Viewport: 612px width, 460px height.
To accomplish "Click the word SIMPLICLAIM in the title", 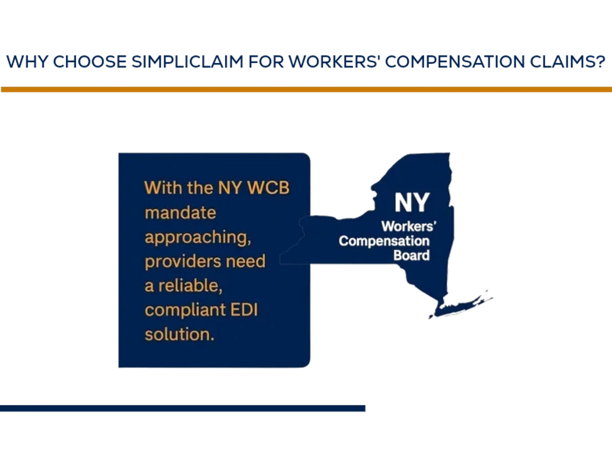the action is coord(188,62).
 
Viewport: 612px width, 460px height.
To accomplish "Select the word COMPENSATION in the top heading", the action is coord(455,62).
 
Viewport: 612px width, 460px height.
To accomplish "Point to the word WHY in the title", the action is coord(27,62).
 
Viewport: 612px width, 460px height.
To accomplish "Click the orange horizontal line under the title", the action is coord(306,89).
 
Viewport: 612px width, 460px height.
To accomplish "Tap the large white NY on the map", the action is coord(412,203).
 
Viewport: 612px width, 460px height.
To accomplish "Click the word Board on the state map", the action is coord(412,255).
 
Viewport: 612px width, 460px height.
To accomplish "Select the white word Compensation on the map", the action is coord(384,241).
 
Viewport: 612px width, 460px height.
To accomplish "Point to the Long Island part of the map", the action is coord(460,307).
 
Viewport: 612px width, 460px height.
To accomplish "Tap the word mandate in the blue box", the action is coord(181,213).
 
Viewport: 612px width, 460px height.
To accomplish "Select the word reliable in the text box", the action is coord(191,286).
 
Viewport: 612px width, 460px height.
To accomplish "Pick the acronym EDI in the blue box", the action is coord(244,310).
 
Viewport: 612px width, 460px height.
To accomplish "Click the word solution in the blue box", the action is coord(180,334).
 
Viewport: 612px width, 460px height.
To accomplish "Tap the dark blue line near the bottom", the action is coord(183,409).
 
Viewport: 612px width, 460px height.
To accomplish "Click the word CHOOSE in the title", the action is coord(90,62).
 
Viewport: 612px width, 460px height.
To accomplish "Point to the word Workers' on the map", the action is coord(409,227).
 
